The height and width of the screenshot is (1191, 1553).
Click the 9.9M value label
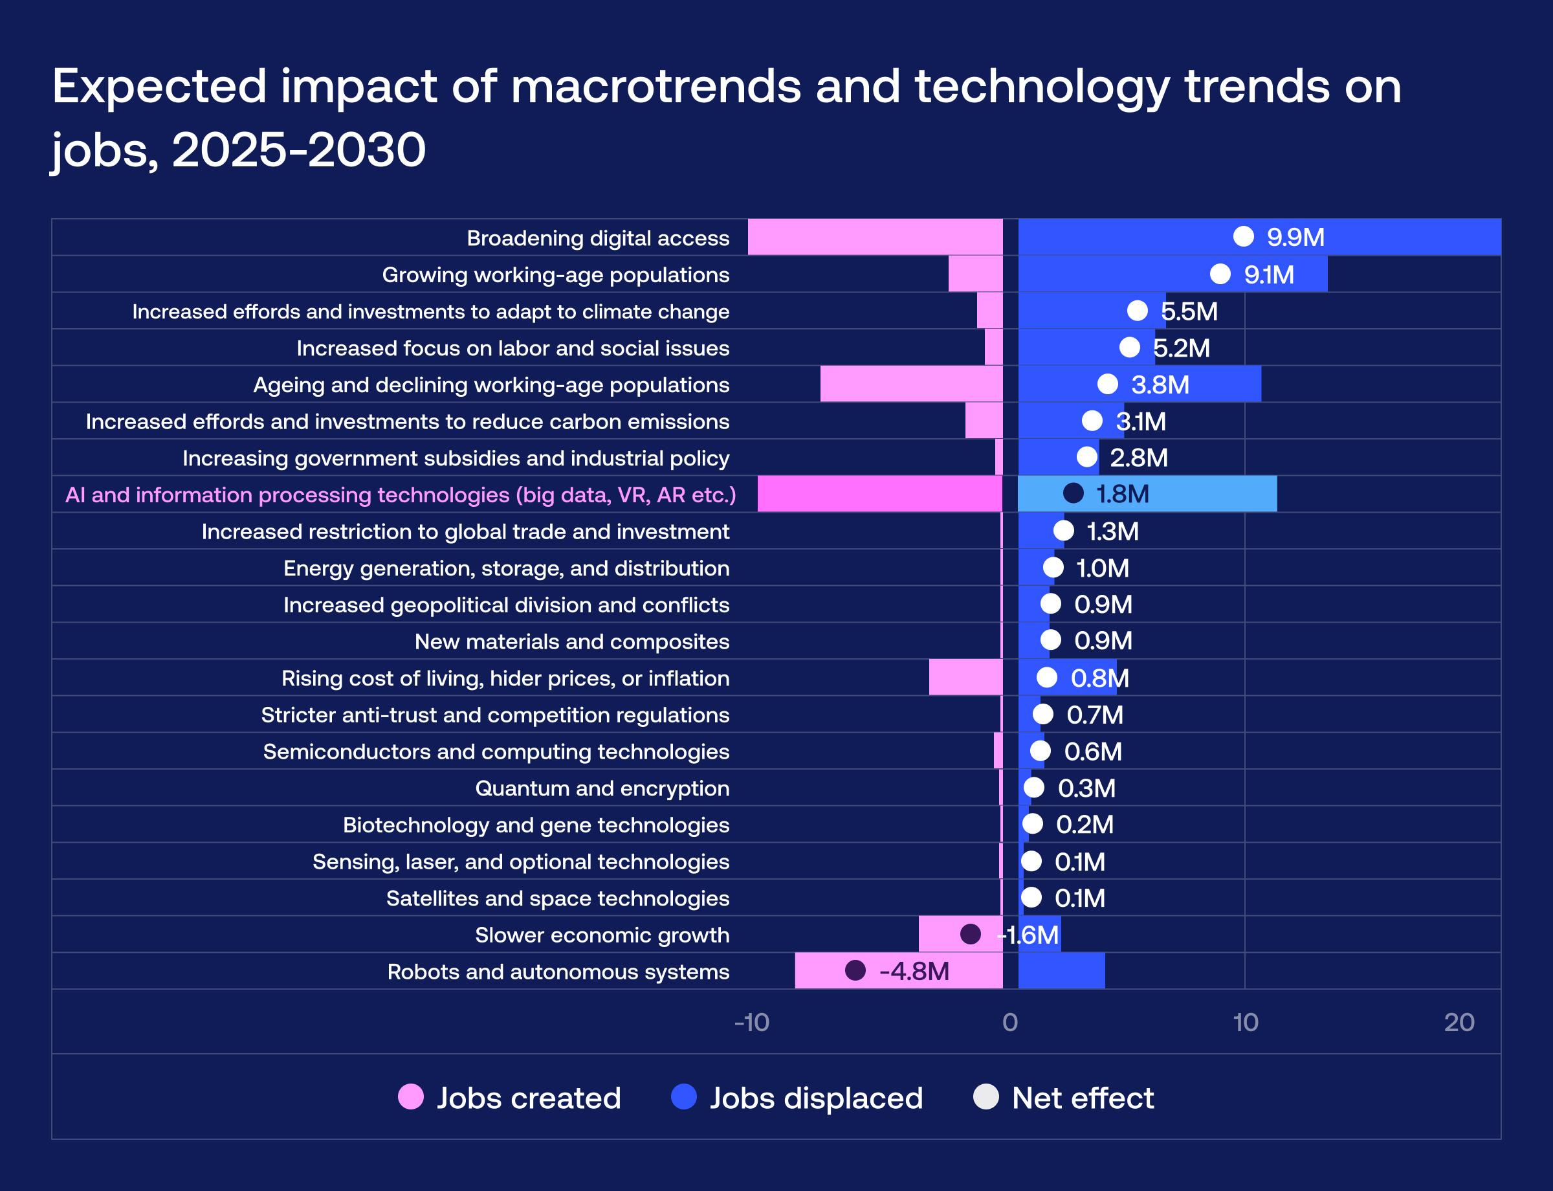click(x=1295, y=238)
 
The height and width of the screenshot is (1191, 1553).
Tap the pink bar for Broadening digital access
click(x=875, y=238)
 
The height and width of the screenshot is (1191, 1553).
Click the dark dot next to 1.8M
click(x=1073, y=493)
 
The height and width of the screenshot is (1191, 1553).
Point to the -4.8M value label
click(x=914, y=971)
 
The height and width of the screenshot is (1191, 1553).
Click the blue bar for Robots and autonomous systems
click(x=1061, y=971)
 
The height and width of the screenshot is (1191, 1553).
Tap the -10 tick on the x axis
click(x=751, y=1022)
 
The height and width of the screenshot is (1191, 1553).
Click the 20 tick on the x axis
click(x=1459, y=1022)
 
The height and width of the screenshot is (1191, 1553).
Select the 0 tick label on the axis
click(x=1010, y=1022)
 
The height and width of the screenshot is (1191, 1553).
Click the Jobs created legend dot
click(x=411, y=1096)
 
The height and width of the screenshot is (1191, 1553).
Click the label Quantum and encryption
click(x=602, y=788)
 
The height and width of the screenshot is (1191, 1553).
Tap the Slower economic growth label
click(x=602, y=935)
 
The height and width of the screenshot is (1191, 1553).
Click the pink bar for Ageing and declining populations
click(x=911, y=384)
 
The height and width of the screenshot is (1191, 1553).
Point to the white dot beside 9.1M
click(x=1220, y=274)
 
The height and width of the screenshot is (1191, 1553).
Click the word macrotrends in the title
click(x=655, y=87)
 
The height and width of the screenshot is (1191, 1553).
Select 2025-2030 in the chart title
click(x=298, y=150)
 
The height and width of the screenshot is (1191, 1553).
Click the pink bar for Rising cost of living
click(x=965, y=678)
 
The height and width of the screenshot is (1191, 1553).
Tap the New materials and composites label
click(x=571, y=641)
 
